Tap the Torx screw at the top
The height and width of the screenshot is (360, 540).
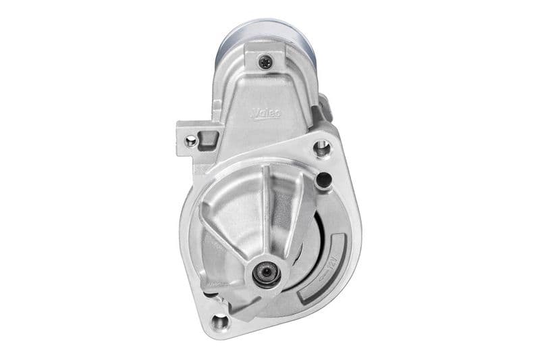pos(264,61)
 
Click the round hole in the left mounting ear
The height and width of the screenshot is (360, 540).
pos(191,140)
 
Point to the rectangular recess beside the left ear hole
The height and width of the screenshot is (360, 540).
pos(208,139)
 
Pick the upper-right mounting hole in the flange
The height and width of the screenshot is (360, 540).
pos(322,147)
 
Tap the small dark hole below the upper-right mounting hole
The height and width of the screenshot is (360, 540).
pos(324,179)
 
